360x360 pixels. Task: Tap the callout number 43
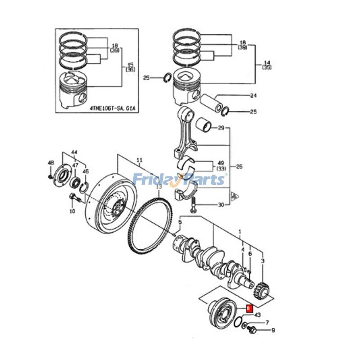(257, 315)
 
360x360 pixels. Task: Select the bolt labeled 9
(252, 331)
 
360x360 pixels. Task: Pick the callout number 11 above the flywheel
(139, 160)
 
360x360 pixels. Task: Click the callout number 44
(74, 153)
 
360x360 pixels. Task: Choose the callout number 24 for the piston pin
(253, 95)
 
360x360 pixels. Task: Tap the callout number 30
(220, 205)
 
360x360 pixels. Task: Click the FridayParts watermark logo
(179, 180)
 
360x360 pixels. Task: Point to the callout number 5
(180, 221)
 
